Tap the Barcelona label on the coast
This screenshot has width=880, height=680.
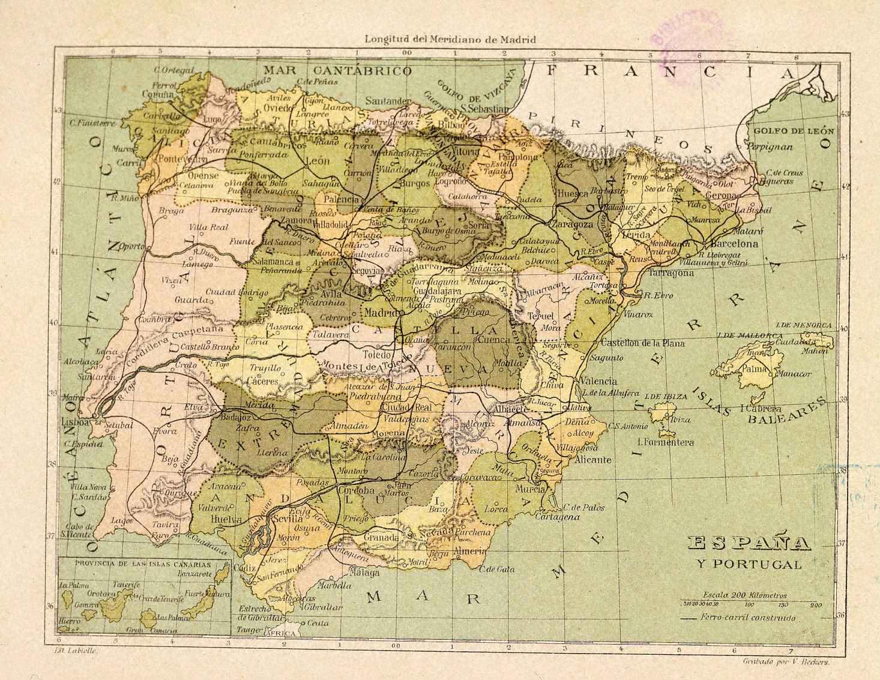point(734,244)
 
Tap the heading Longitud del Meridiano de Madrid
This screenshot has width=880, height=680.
point(450,39)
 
